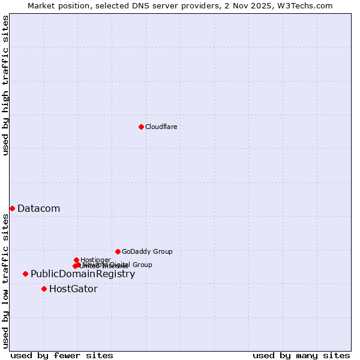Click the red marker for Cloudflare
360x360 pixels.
[141, 127]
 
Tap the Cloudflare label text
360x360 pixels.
[161, 127]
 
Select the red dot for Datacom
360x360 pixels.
[12, 208]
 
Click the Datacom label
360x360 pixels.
[38, 208]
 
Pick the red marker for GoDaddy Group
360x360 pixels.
[118, 251]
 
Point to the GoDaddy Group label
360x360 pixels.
[147, 251]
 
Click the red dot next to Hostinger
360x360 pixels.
[76, 260]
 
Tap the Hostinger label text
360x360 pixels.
[95, 260]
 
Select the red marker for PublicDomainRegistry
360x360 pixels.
[25, 274]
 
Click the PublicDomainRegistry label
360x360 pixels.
[83, 274]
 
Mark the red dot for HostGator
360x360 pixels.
[44, 289]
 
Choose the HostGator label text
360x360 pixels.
[73, 289]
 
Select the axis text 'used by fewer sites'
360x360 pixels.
[62, 355]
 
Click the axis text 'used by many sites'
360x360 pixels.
[301, 355]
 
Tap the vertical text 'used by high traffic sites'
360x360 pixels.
[5, 85]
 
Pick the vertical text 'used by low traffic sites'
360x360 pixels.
[5, 281]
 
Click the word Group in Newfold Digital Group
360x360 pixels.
[142, 265]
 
